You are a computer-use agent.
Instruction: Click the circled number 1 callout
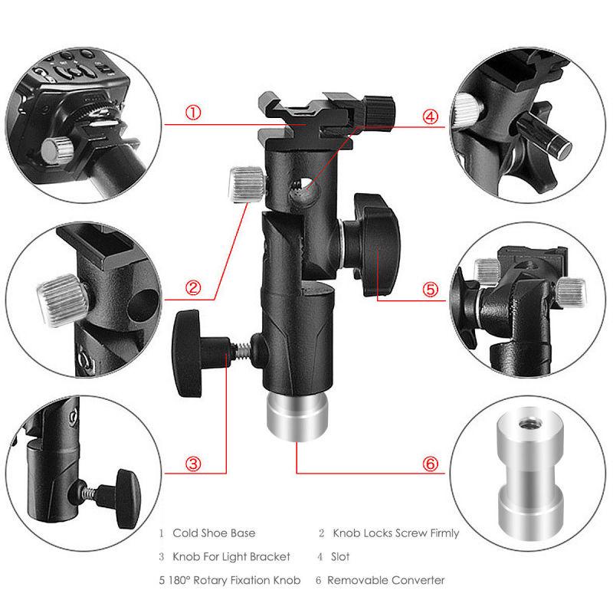pos(193,114)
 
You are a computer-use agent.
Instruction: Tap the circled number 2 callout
pos(193,289)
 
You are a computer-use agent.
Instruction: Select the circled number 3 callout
pos(193,464)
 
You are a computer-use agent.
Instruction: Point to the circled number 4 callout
pos(430,116)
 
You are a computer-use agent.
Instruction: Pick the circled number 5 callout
pos(430,290)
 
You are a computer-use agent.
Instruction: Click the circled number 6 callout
pos(430,464)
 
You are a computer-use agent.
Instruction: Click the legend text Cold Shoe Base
pos(214,533)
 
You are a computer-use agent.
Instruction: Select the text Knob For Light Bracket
pos(232,556)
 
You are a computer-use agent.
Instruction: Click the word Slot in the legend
pos(341,556)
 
